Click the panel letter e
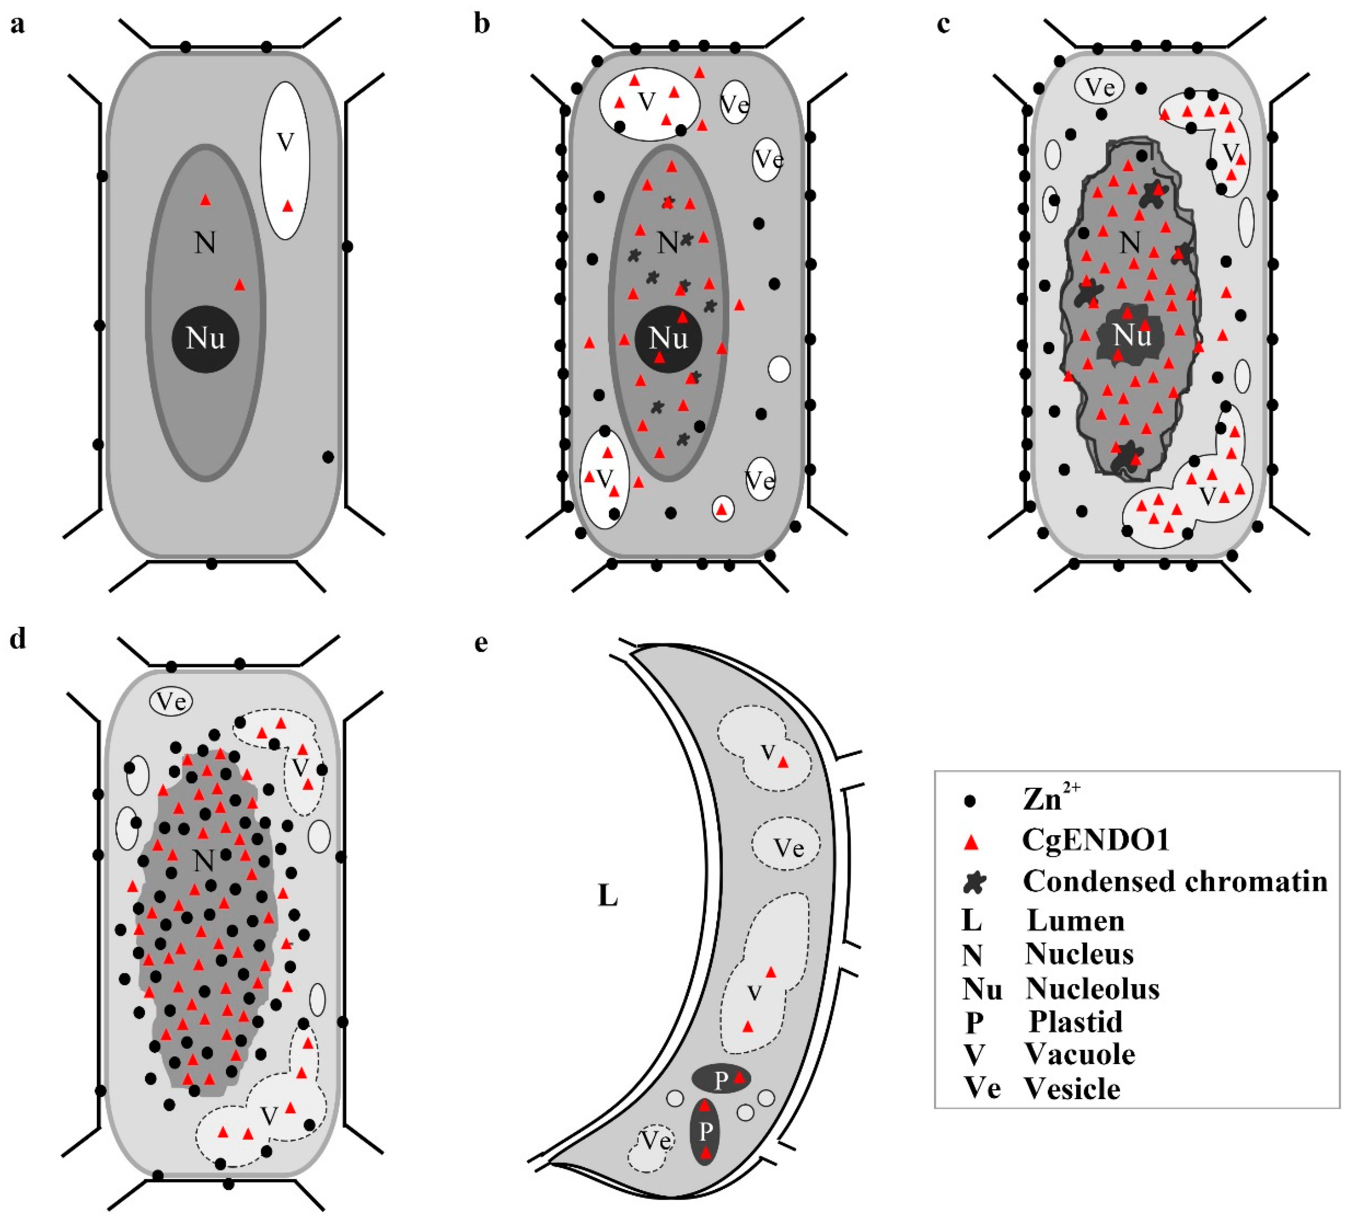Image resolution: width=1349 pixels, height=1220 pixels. (481, 643)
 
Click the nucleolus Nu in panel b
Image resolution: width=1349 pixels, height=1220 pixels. (668, 339)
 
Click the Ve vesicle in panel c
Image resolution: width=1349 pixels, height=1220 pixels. (1099, 87)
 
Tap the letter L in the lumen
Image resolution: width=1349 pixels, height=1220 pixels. (607, 895)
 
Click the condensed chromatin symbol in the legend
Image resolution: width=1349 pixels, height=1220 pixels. (974, 882)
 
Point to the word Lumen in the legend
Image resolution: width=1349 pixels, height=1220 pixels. (1075, 921)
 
